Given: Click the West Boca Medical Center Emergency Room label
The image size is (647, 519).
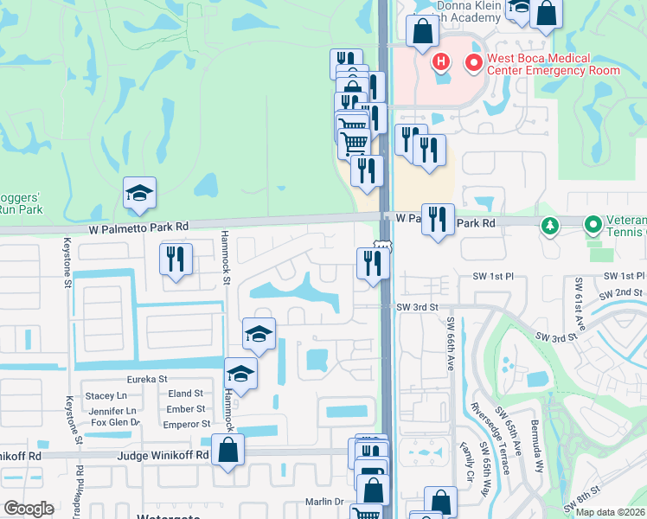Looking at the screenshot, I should [x=553, y=64].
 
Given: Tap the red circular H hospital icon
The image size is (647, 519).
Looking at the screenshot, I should [x=441, y=61].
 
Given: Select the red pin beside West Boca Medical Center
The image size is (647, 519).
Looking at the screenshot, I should [x=473, y=62].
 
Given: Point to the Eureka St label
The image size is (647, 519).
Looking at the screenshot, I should [x=146, y=379].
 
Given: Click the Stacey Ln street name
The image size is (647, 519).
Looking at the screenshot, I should [x=106, y=395].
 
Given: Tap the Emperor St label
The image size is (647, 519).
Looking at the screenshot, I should [x=187, y=424].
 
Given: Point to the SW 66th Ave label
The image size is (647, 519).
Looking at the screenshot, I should [x=451, y=344].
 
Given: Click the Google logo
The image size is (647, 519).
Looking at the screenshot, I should [x=28, y=509].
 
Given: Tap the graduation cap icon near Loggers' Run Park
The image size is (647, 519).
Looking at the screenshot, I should [x=139, y=195].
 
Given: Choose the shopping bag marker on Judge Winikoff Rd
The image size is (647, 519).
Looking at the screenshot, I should [x=227, y=450].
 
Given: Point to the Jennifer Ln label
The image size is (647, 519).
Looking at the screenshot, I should [x=112, y=410].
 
